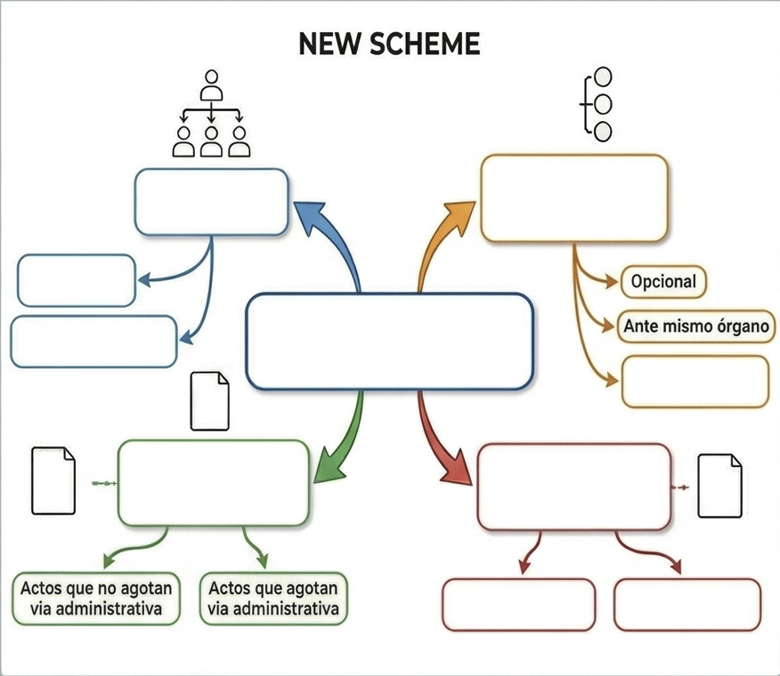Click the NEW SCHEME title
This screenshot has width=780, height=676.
(389, 44)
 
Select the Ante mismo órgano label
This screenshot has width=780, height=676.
(695, 326)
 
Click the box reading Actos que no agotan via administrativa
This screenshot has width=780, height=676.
(96, 598)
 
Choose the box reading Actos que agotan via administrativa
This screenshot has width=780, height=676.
(273, 598)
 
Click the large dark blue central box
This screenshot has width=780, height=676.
(389, 342)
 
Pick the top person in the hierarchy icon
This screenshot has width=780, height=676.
(211, 85)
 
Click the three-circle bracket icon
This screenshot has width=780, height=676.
(597, 105)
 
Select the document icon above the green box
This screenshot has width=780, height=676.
(210, 401)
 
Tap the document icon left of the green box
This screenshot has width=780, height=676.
(53, 480)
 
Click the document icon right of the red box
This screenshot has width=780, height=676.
(719, 486)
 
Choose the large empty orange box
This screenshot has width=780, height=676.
(573, 197)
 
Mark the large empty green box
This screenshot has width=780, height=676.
(213, 482)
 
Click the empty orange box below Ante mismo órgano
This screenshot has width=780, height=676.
(695, 382)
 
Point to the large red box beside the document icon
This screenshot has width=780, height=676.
(574, 487)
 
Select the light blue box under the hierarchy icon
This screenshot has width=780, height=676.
(211, 202)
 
